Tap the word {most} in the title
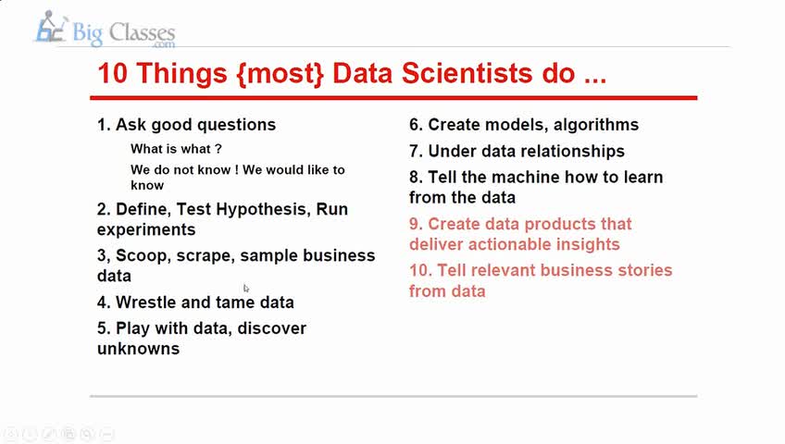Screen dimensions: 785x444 point(280,73)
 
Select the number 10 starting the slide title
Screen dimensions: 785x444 point(113,73)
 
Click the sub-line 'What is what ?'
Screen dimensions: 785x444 point(176,149)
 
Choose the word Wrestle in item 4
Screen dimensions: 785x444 point(145,302)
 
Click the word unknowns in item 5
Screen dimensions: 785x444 point(138,349)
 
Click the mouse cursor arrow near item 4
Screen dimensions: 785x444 point(246,288)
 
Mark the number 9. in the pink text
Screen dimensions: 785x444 point(416,224)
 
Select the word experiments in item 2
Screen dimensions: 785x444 point(146,230)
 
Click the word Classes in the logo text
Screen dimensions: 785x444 point(142,33)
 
